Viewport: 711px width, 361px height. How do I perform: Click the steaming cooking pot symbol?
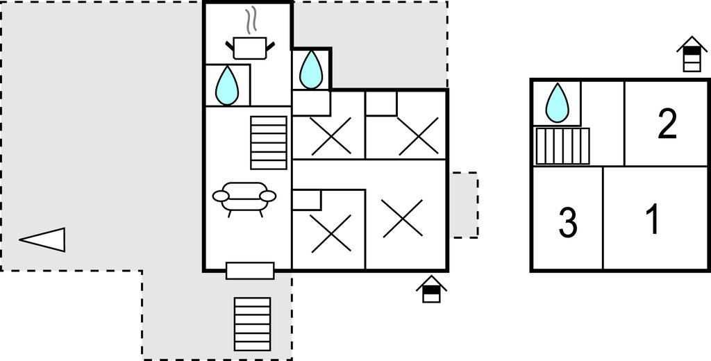[250, 43]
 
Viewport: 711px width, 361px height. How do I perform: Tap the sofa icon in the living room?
[244, 198]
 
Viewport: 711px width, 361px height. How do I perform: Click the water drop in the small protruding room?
[310, 70]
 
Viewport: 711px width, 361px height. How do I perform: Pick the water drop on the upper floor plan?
[557, 102]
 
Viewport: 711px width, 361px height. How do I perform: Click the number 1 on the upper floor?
[652, 219]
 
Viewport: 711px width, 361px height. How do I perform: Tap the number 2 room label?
[667, 124]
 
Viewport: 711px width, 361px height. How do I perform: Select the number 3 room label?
[568, 224]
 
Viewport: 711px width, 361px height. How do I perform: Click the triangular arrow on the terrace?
[43, 240]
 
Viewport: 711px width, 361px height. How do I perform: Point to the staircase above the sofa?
[269, 142]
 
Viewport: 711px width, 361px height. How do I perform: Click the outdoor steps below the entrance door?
[253, 324]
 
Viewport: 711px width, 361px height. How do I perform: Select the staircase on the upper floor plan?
[562, 146]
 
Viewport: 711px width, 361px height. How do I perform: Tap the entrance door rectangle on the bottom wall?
[250, 270]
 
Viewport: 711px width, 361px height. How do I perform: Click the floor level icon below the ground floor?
[431, 289]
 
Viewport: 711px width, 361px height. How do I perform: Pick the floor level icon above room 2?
[692, 55]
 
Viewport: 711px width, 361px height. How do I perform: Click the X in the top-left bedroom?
[331, 136]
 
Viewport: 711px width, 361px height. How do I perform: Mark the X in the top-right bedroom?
[419, 135]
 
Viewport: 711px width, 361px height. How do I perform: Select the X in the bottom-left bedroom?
[331, 233]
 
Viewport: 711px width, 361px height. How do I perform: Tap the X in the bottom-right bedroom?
[403, 218]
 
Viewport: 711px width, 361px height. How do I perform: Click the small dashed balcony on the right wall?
[463, 205]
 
